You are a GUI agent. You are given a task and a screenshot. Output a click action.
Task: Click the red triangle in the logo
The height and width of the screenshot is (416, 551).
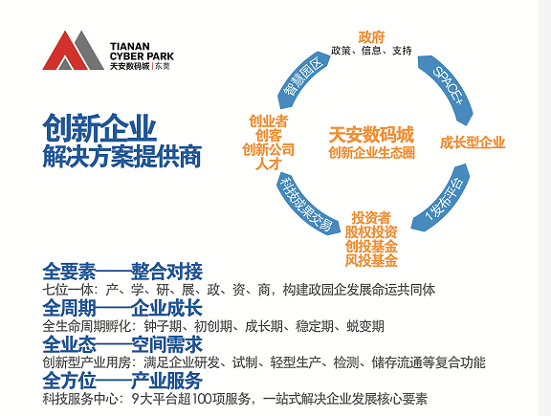pos(64,53)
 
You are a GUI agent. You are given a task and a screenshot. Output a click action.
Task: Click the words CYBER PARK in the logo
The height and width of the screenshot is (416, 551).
pos(142,56)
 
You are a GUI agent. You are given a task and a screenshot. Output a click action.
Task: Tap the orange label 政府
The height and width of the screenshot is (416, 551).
pos(371,37)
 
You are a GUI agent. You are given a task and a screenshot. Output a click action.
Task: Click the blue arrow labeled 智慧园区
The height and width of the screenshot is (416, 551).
pos(302,79)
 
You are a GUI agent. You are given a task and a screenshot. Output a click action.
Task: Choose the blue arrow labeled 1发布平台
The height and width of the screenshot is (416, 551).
pos(445,199)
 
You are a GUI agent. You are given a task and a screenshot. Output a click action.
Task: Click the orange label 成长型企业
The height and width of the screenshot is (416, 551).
pos(473,142)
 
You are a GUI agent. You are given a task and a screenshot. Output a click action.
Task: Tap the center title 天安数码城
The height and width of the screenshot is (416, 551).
pos(371,135)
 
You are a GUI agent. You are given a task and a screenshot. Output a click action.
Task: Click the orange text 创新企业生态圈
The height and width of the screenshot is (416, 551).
pos(371,153)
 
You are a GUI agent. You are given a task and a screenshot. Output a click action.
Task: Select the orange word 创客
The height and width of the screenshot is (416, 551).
pos(268,136)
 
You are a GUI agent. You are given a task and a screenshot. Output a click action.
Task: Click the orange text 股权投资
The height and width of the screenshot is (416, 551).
pos(371,231)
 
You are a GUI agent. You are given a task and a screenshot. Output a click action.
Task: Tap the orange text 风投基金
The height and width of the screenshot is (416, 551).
pos(371,260)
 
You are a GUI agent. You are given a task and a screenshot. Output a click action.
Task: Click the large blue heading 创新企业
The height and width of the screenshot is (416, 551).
pos(99,127)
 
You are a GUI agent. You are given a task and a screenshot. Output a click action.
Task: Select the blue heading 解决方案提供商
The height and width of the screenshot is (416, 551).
pos(121,156)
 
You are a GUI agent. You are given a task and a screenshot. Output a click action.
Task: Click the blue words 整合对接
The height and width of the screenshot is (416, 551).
pos(166,272)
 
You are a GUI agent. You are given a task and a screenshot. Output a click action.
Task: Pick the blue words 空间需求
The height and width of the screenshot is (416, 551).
pos(166,344)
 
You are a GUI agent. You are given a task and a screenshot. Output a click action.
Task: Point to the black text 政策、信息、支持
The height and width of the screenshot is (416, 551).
pos(371,51)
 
